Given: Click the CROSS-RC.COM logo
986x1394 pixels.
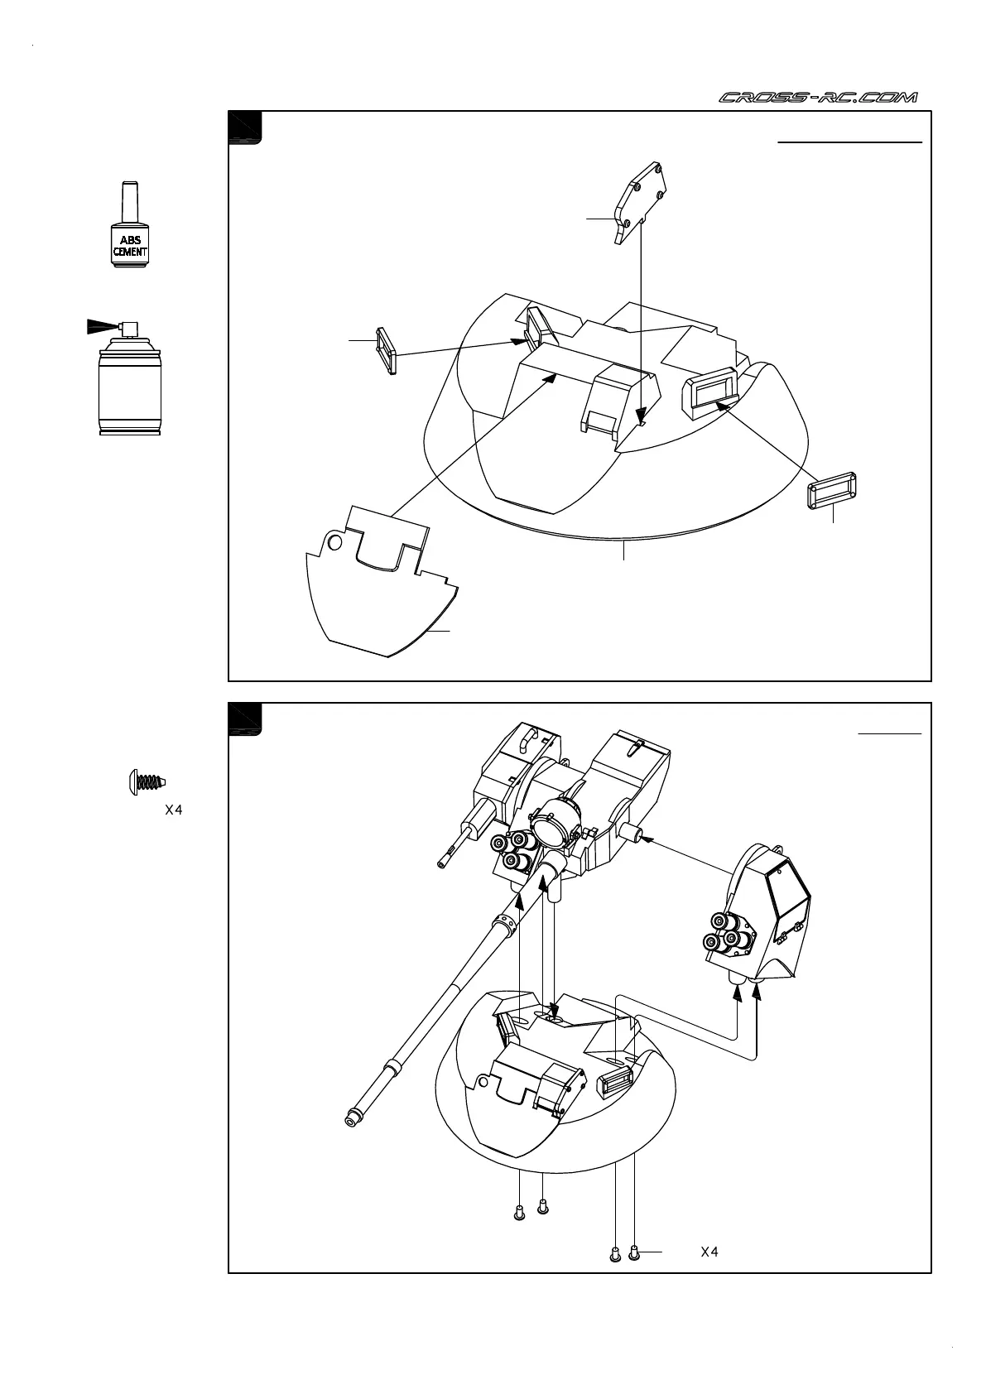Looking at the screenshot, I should point(817,98).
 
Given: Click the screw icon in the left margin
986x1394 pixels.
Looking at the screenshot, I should point(147,781).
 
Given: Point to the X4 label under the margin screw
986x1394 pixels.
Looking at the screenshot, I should point(173,810).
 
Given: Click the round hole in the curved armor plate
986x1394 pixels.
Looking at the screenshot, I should point(334,542).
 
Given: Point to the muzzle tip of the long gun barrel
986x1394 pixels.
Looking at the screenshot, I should point(352,1119).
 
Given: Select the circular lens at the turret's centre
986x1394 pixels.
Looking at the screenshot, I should point(547,828).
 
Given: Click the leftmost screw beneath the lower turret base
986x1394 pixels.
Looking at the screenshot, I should point(519,1214).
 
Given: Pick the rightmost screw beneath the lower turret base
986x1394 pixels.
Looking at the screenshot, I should point(634,1254).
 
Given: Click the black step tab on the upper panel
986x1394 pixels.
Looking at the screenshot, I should point(245,127).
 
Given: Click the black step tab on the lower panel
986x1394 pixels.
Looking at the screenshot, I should point(245,719).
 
